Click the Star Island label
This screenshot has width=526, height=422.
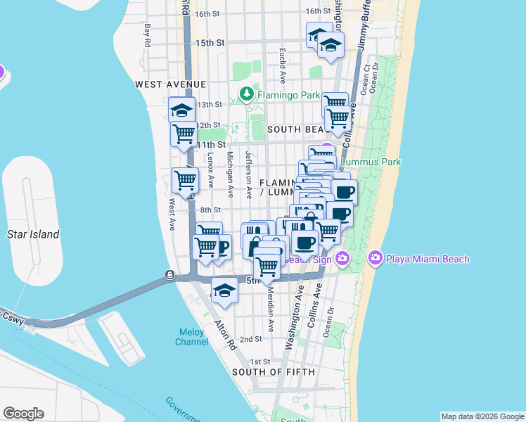tap(33, 234)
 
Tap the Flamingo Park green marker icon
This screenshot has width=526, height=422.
tap(247, 94)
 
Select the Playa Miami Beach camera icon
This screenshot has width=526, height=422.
tap(375, 259)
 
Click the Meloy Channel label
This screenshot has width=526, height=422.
tap(191, 337)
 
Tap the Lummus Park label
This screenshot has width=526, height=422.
tap(371, 162)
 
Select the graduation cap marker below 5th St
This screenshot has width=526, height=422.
tap(224, 290)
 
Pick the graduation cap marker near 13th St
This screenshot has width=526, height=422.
tap(181, 109)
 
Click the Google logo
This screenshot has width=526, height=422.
tap(23, 414)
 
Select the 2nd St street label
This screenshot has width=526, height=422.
tap(251, 339)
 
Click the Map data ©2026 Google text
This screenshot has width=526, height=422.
tap(482, 416)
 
